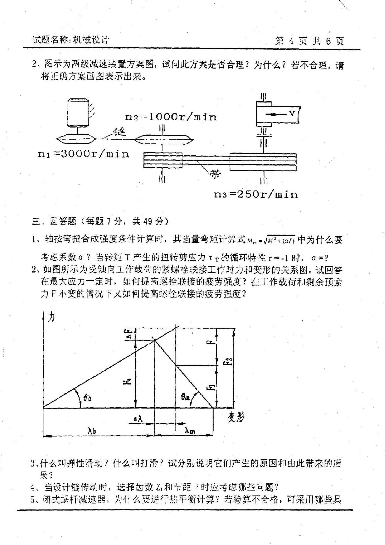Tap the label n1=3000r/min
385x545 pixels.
[84, 154]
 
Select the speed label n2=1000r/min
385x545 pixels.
[171, 117]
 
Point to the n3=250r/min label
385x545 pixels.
[256, 194]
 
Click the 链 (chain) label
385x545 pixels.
[119, 131]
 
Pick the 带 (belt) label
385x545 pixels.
[215, 174]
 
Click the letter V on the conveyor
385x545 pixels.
[292, 113]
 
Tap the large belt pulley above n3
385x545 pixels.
[263, 162]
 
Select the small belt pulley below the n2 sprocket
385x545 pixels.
[163, 160]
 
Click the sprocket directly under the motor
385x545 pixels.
[76, 139]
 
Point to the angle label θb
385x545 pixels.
[87, 397]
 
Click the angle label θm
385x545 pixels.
[185, 397]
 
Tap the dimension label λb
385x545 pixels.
[92, 431]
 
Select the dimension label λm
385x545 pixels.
[190, 431]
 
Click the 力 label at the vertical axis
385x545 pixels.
[52, 318]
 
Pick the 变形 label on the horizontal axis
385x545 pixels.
[236, 417]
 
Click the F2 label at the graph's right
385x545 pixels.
[228, 362]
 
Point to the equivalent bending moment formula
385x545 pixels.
[271, 240]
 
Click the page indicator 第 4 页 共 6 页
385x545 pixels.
[309, 41]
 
